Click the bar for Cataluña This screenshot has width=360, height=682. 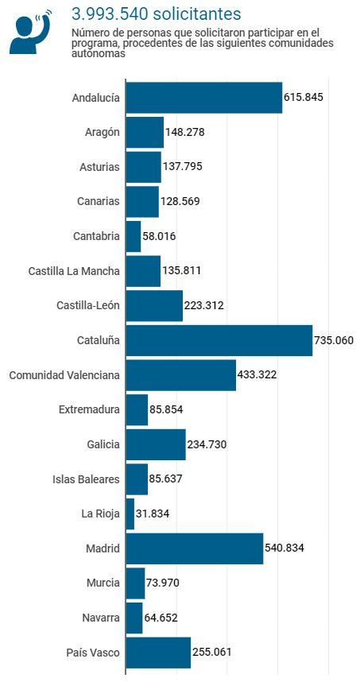tap(219, 340)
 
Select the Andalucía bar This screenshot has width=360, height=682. tap(204, 98)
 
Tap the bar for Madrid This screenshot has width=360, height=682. tap(195, 548)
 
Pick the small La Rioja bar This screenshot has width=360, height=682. tap(130, 513)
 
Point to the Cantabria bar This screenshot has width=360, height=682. tap(134, 236)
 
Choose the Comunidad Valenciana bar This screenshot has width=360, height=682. tap(181, 375)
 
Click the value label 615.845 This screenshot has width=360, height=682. tap(304, 97)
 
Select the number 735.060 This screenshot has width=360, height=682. tap(334, 339)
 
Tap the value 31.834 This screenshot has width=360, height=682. tap(152, 513)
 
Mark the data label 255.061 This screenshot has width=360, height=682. tap(211, 652)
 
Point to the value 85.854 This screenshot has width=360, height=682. tap(166, 409)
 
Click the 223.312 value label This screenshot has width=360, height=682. tap(203, 305)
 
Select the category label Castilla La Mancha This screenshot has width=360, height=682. tap(74, 271)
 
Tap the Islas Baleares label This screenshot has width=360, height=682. tap(86, 479)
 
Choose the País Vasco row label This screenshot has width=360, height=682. tap(93, 653)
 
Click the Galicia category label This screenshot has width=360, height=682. tap(103, 444)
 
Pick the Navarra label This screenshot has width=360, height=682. tap(100, 618)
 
